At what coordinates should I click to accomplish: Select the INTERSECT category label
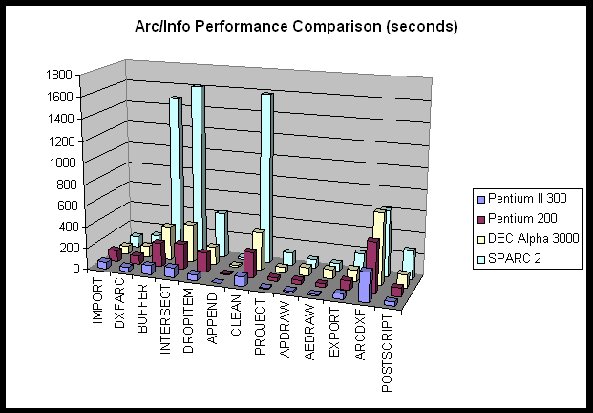(166, 311)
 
